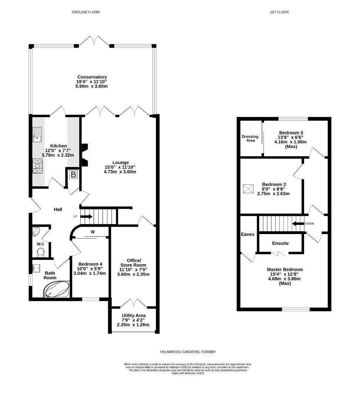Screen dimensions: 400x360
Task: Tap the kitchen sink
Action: (x=37, y=134)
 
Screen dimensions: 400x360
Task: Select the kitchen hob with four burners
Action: (x=38, y=166)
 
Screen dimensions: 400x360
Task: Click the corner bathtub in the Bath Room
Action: (x=57, y=289)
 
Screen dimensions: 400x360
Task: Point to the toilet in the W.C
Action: (x=41, y=252)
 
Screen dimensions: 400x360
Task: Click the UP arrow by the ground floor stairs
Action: (x=86, y=216)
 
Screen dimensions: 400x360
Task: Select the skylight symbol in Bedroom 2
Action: (x=248, y=189)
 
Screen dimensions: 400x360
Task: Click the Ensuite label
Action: (x=280, y=243)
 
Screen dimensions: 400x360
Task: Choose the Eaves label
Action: (x=247, y=234)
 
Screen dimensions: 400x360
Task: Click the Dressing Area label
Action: (x=250, y=139)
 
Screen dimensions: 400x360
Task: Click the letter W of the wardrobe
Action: (x=93, y=232)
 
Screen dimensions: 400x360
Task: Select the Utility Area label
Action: (x=133, y=315)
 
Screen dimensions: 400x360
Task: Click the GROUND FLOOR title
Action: (x=86, y=12)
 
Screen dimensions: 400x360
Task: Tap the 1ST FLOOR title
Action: (x=279, y=12)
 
